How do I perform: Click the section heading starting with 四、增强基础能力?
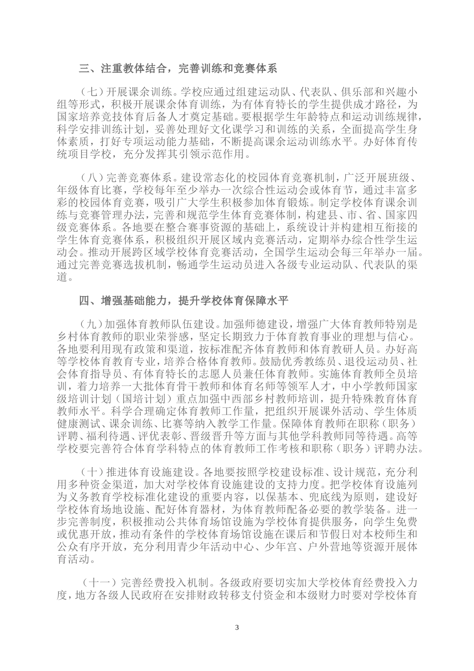click(x=184, y=301)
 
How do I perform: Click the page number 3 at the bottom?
click(x=237, y=627)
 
